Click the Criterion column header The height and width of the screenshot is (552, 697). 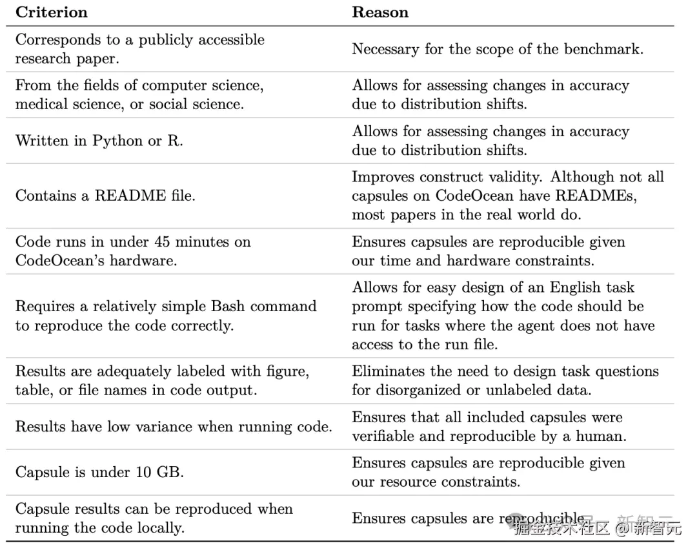(51, 12)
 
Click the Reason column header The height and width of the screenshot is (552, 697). (379, 12)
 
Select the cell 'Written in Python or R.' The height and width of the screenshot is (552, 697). (99, 141)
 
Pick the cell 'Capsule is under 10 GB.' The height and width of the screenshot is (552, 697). (99, 472)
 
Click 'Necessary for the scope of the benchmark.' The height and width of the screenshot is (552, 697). (497, 49)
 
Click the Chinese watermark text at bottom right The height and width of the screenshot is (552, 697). (597, 528)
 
